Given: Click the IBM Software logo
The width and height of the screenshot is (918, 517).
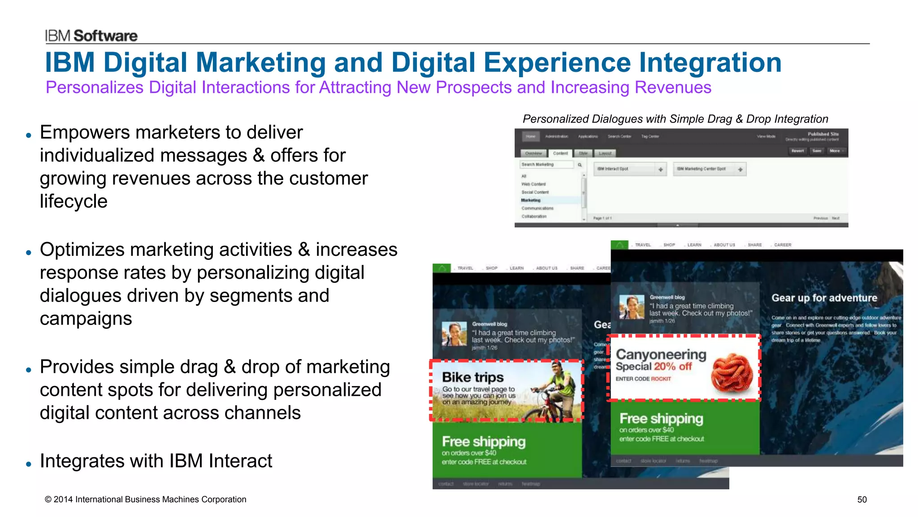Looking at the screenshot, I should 91,36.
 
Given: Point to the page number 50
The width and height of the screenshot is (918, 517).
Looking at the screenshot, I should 862,499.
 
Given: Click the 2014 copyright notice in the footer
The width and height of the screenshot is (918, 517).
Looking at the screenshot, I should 145,499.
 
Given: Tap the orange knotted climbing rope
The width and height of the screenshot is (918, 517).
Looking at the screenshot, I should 732,369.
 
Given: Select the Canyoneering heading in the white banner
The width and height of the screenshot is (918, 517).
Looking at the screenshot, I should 661,355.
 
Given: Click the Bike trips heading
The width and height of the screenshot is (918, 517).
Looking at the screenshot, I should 472,377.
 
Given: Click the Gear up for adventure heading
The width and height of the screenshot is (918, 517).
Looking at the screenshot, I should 824,298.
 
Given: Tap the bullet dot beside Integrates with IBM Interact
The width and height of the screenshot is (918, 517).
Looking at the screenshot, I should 29,464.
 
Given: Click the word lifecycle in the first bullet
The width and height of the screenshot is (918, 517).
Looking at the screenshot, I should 74,202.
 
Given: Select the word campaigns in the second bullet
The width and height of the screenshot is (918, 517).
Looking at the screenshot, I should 86,319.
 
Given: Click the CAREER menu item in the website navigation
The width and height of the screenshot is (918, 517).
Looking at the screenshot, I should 782,245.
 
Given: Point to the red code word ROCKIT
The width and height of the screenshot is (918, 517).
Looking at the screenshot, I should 661,379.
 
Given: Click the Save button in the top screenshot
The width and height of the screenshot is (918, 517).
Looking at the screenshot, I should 817,151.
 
